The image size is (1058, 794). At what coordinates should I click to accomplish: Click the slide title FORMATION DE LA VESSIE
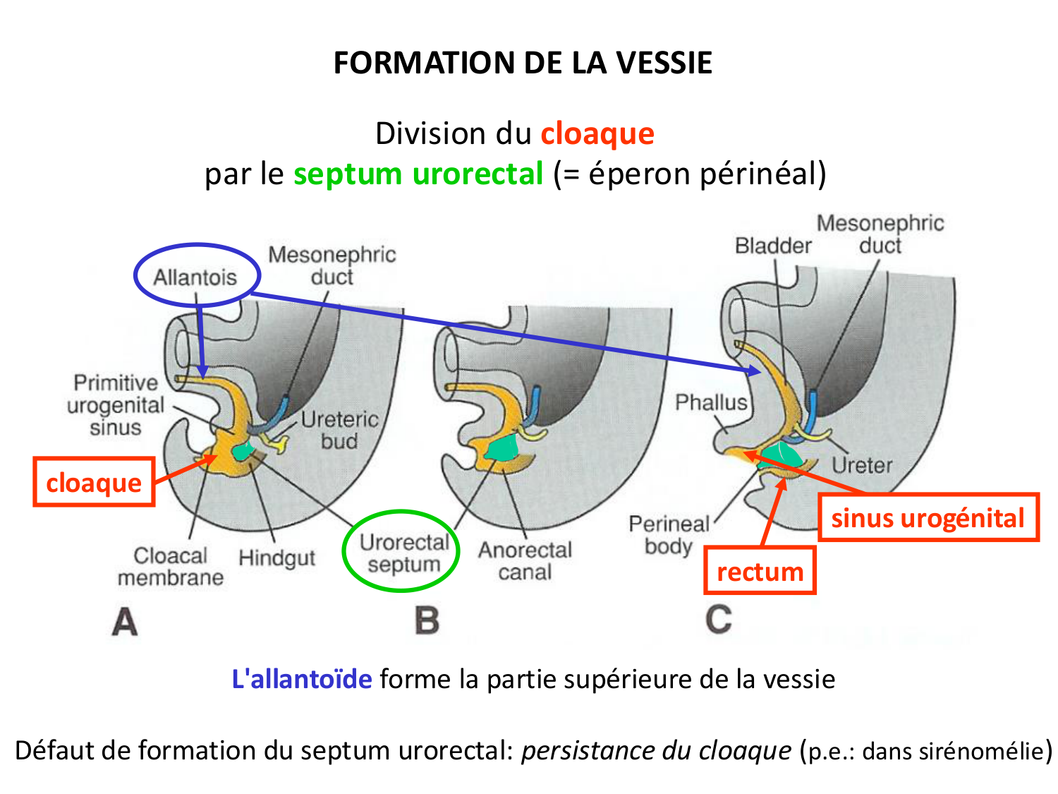tap(523, 63)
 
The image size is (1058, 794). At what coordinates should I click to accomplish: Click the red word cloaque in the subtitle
tap(597, 133)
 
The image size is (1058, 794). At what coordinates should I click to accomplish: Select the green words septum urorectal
tap(418, 174)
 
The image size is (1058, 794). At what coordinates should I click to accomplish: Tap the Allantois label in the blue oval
tap(195, 277)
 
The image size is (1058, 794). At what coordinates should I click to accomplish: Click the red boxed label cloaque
tap(94, 483)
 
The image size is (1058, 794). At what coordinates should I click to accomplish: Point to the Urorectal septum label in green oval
tap(403, 553)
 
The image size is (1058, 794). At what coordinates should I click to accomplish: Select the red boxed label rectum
tap(760, 572)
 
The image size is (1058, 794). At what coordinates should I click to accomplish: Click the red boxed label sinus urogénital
tap(928, 518)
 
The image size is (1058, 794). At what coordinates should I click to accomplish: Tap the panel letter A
tap(125, 622)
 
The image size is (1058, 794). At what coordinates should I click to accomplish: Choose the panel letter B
tap(427, 621)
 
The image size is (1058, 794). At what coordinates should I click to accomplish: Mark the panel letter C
tap(718, 620)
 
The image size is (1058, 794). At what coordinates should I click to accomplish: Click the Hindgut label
tap(276, 558)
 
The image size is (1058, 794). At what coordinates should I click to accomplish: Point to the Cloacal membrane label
tap(171, 567)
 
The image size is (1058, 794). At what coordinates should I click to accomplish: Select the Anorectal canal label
tap(525, 560)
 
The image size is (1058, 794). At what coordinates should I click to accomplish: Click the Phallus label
tap(710, 402)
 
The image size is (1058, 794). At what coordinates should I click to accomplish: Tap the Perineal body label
tap(669, 535)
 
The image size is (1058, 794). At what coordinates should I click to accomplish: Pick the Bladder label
tap(773, 246)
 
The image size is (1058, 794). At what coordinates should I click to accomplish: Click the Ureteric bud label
tap(339, 430)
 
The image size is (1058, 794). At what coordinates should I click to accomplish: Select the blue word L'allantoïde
tap(302, 679)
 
